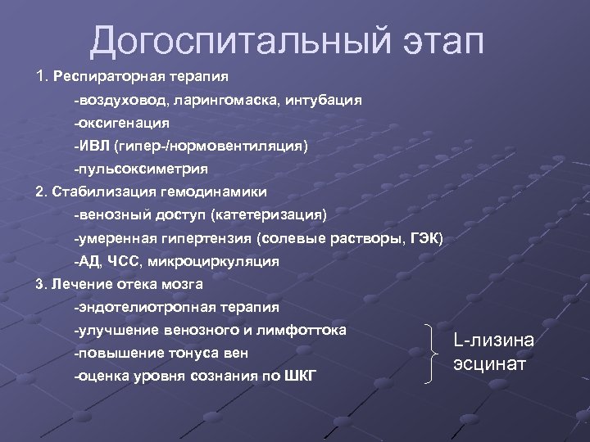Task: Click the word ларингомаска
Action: [215, 99]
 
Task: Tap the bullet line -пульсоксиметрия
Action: [140, 169]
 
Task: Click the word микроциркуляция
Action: [218, 261]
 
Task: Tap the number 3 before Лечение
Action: [40, 284]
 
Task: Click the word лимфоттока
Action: [306, 330]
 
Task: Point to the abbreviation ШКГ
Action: [299, 377]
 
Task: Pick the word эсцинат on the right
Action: [488, 363]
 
